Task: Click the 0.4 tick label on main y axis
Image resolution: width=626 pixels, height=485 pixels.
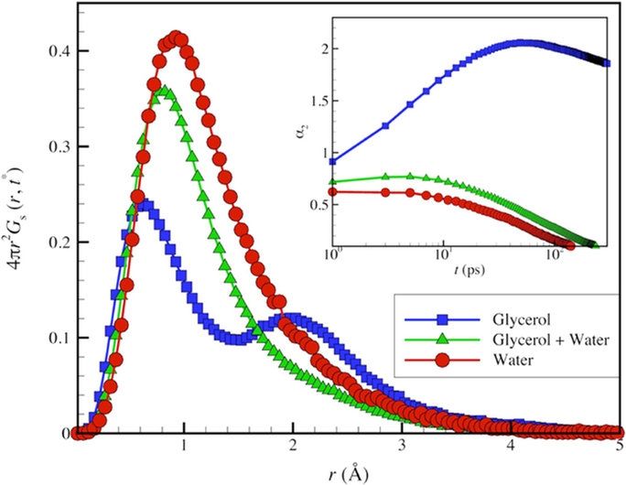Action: tap(56, 52)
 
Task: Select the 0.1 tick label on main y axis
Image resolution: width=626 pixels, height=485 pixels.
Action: tap(56, 338)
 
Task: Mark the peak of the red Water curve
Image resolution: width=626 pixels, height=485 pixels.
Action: tap(176, 39)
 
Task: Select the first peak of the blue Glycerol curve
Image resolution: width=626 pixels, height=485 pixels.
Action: tap(144, 205)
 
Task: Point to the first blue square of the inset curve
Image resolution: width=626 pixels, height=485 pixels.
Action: tap(332, 161)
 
